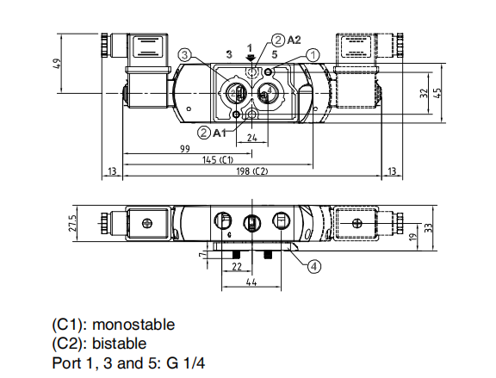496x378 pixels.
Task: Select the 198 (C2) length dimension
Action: tap(251, 171)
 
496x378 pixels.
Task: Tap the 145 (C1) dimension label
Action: tap(219, 160)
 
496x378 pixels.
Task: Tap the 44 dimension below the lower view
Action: tap(251, 282)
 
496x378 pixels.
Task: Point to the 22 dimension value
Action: tap(237, 268)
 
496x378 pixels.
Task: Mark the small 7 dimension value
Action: tap(201, 255)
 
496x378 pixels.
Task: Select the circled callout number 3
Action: tap(184, 54)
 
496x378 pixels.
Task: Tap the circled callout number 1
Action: tap(313, 54)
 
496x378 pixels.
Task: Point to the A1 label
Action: tap(220, 132)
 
